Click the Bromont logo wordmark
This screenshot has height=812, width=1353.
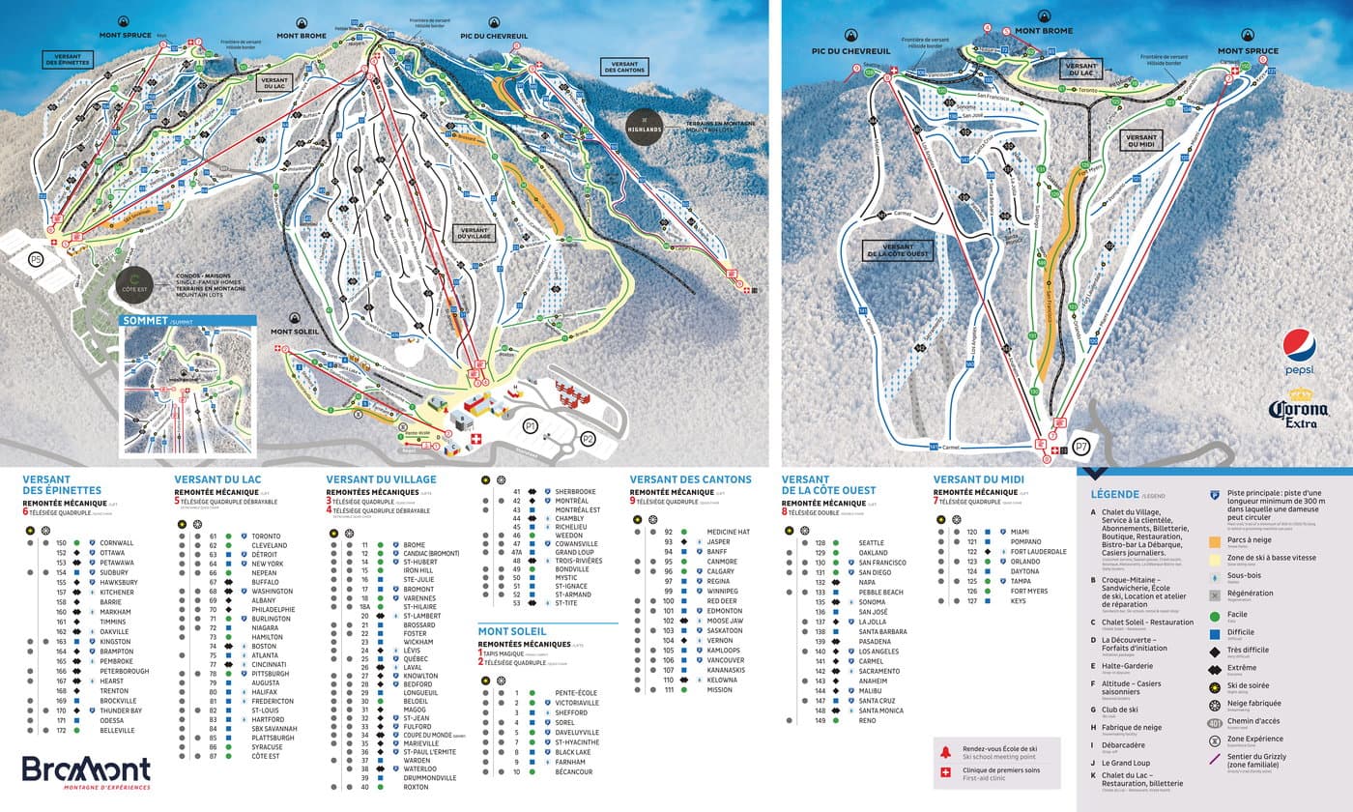(x=86, y=769)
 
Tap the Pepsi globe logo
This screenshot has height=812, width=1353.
(x=1299, y=346)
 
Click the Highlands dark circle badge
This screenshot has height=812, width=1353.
(x=645, y=130)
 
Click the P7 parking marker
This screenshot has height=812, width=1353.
(x=1081, y=446)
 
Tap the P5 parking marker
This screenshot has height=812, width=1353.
(x=36, y=259)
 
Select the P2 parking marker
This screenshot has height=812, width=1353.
(x=589, y=439)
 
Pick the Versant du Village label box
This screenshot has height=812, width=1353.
(x=474, y=232)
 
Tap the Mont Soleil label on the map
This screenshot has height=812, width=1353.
(x=295, y=332)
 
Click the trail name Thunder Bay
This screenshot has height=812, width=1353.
(x=121, y=710)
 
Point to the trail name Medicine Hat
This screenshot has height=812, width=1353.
(x=728, y=533)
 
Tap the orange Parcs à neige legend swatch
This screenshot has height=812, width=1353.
(x=1215, y=542)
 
